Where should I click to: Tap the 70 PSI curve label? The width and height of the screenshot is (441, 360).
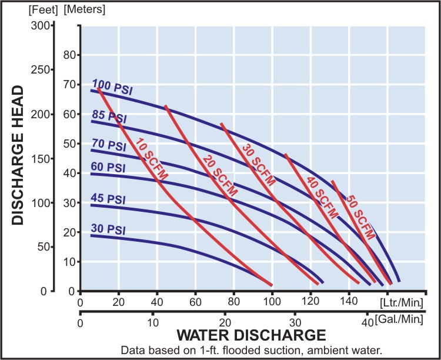click(x=108, y=145)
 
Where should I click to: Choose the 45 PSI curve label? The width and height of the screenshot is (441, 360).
click(x=108, y=199)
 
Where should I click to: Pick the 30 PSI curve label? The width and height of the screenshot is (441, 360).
click(x=108, y=229)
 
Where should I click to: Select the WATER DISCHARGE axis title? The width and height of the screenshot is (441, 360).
click(x=251, y=336)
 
